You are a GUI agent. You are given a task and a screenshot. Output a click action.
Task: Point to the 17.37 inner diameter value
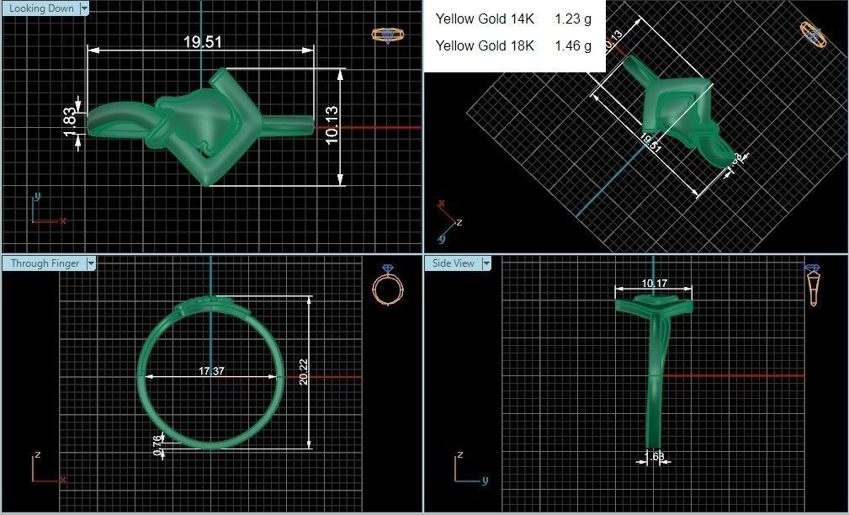point(211,371)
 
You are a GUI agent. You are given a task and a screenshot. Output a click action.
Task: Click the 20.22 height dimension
point(303,371)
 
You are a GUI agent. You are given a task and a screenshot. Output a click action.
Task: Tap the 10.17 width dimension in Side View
point(655,284)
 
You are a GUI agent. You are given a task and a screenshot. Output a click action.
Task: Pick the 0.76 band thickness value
point(158,444)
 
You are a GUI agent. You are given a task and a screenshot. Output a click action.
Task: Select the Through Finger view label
point(45,263)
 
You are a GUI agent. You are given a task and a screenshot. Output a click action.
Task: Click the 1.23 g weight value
point(572,19)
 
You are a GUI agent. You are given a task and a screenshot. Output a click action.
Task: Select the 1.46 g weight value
point(572,46)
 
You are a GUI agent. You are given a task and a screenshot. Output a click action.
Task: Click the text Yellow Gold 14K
point(485,19)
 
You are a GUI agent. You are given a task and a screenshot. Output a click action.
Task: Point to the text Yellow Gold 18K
point(485,46)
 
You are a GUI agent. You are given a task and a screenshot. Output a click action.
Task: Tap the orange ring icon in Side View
point(813,285)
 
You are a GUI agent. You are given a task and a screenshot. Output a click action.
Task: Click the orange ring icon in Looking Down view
point(385,35)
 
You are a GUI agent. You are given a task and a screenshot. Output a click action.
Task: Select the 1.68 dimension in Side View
point(654,456)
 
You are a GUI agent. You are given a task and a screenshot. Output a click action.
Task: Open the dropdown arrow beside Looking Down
point(84,8)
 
